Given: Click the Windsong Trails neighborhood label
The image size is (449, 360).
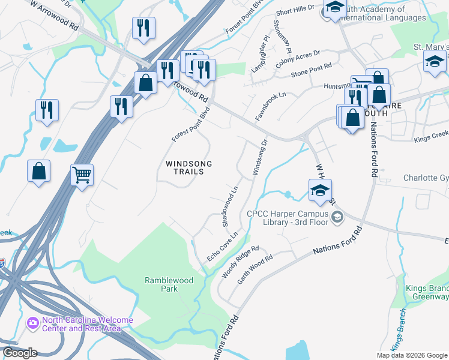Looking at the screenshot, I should point(185,167).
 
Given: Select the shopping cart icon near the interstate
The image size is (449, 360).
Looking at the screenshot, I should point(82,176).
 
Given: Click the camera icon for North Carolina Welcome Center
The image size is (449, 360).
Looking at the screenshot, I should point(32,323).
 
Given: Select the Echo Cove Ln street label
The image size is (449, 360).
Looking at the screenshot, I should point(223,246).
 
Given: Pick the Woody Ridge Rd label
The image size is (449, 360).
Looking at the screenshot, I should point(240,262).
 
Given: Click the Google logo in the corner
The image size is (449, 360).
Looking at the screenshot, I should point(19,353).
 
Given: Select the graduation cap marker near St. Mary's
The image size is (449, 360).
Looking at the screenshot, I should point(435,62).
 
